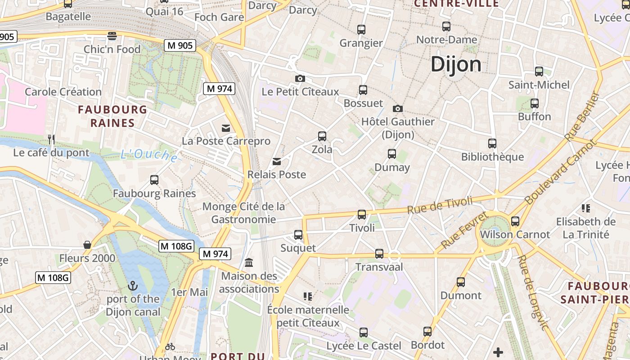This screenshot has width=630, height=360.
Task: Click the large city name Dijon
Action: pos(456,65)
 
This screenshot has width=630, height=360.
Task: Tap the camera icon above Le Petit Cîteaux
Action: pos(300,79)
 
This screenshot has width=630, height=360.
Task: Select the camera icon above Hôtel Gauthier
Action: pos(397,108)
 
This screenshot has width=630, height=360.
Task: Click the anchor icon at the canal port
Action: pos(132,286)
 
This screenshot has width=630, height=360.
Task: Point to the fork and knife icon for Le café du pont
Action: pos(51,139)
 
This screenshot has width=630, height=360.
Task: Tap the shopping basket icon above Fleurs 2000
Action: pos(87,245)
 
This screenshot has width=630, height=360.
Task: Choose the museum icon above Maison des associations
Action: pos(249,262)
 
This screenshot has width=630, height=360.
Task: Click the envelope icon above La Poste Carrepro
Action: pos(226,128)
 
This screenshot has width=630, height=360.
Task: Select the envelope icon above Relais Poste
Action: pos(277,162)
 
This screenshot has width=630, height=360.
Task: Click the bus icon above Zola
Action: pos(322,136)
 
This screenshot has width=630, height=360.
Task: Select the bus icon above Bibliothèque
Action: pos(492,144)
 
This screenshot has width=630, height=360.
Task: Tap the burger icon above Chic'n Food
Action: pos(112,36)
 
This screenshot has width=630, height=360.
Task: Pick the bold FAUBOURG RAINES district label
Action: pos(112,116)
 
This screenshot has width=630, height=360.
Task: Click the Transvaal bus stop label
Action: pos(379,267)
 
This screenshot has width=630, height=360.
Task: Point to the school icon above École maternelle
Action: pos(308,297)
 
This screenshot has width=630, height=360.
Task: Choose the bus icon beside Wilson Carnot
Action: pos(515,221)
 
